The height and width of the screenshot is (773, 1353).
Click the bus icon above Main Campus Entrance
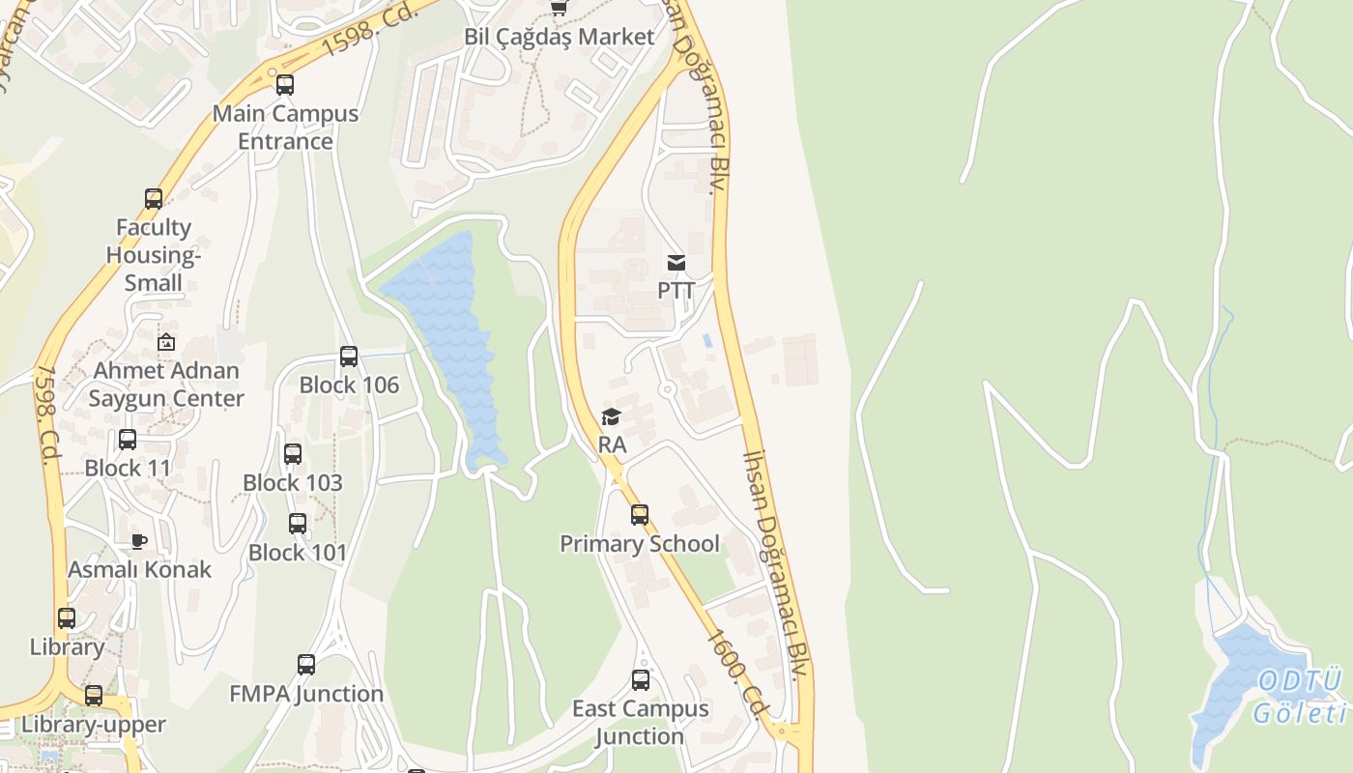(x=285, y=85)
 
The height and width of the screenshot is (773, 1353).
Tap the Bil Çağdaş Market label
(x=560, y=37)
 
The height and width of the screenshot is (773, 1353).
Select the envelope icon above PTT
(x=676, y=263)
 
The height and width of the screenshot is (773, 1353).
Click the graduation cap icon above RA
(x=611, y=416)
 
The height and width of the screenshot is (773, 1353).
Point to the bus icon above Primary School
(x=640, y=515)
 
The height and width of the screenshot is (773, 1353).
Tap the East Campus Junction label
(x=640, y=722)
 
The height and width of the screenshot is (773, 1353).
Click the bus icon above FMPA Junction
(x=306, y=665)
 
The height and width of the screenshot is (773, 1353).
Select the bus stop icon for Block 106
(x=349, y=357)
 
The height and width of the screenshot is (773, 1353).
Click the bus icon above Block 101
(x=298, y=524)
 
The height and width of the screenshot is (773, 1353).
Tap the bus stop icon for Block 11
(x=128, y=441)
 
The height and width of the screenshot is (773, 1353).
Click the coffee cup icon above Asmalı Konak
(x=139, y=541)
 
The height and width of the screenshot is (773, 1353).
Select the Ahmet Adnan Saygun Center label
(x=166, y=384)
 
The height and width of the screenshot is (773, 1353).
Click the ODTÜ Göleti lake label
(x=1301, y=697)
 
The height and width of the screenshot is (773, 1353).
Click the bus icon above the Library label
(x=67, y=618)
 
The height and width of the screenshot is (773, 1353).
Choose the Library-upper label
(x=94, y=724)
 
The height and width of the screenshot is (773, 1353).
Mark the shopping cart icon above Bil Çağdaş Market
(x=559, y=9)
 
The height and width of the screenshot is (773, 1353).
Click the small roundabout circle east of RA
(x=667, y=390)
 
